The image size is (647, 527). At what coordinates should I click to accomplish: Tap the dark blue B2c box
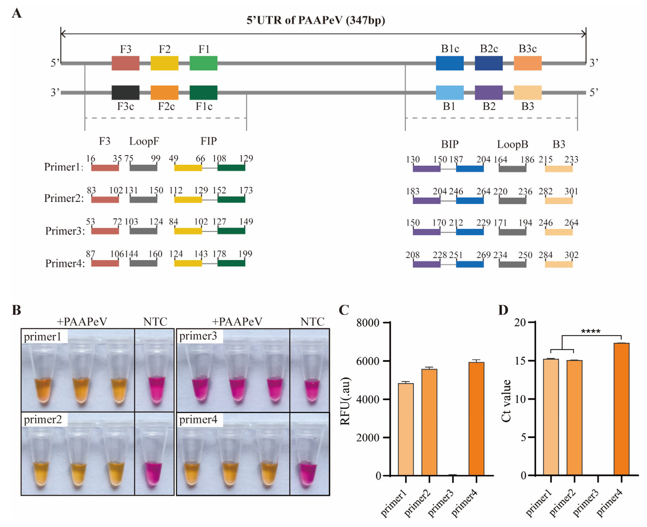(x=489, y=63)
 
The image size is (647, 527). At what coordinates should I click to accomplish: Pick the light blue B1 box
(x=450, y=93)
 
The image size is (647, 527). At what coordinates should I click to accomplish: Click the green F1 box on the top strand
(x=203, y=63)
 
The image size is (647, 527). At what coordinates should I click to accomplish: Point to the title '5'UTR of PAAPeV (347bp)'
(x=316, y=20)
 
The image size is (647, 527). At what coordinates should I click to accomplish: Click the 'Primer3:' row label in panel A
(x=65, y=231)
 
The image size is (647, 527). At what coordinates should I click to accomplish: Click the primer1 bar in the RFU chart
(x=406, y=429)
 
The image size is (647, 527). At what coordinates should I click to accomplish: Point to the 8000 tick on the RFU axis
(x=367, y=323)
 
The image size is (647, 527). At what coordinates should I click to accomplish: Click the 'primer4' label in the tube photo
(x=198, y=420)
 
